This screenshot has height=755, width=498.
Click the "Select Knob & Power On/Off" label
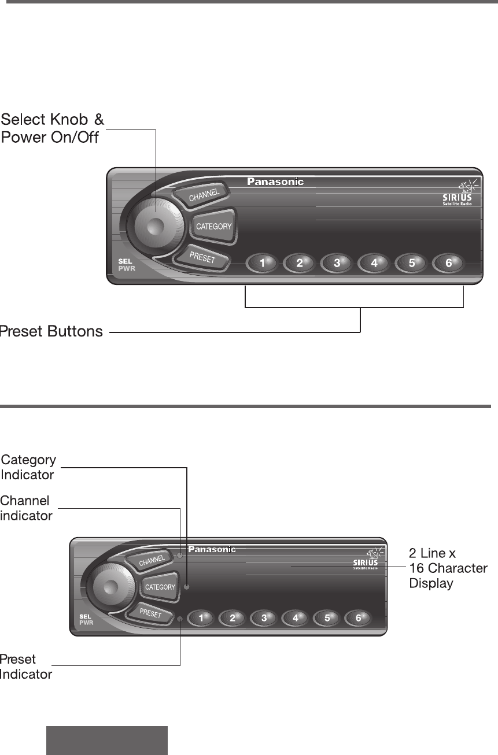click(x=52, y=129)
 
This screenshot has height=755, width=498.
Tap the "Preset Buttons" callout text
click(x=51, y=332)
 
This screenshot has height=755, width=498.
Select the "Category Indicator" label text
click(x=28, y=468)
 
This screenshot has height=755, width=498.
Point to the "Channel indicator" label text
click(x=26, y=508)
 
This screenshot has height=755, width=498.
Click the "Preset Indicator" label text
click(x=26, y=667)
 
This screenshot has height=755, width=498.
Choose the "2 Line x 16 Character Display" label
click(x=448, y=568)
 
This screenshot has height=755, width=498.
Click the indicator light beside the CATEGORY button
click(x=186, y=587)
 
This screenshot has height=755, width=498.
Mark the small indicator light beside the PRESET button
click(x=180, y=619)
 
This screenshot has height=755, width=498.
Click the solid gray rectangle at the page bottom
click(x=107, y=741)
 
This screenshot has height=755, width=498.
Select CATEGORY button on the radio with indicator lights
click(x=160, y=587)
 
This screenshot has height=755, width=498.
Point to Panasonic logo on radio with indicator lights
click(x=212, y=549)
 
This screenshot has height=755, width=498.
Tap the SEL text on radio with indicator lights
click(x=85, y=616)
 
